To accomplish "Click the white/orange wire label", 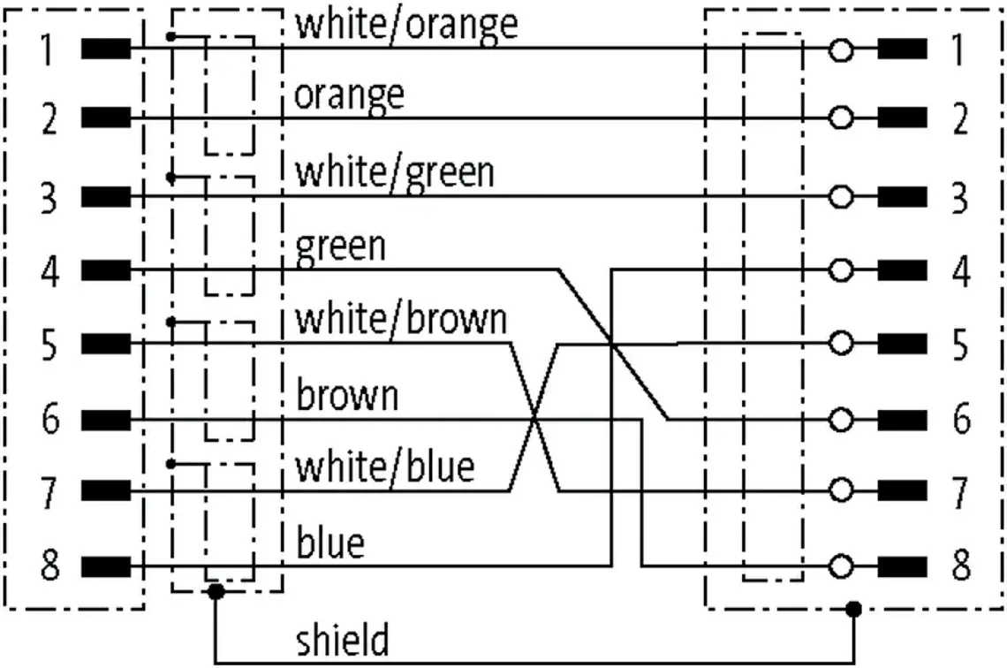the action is (x=405, y=25).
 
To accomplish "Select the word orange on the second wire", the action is (x=350, y=96).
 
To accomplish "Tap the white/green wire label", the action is (x=394, y=173).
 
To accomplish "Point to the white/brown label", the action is (x=401, y=319).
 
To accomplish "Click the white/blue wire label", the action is (x=384, y=467).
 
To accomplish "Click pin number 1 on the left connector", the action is (x=47, y=49).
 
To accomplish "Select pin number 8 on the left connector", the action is (x=50, y=566).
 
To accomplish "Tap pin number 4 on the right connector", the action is (x=961, y=270).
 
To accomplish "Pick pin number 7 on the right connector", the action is (x=960, y=492).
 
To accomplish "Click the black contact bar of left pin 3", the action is (x=106, y=196).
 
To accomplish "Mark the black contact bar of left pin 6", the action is (x=106, y=420).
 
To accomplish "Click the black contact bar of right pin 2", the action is (x=902, y=118).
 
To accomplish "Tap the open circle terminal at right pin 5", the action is (x=841, y=344).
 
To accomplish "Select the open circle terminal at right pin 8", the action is (x=841, y=566).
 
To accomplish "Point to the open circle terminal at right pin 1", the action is (x=841, y=49).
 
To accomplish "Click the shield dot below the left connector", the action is (x=216, y=591).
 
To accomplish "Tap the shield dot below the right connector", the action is (x=853, y=608).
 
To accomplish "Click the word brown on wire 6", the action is (x=347, y=394).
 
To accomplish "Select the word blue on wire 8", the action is (x=330, y=542).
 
